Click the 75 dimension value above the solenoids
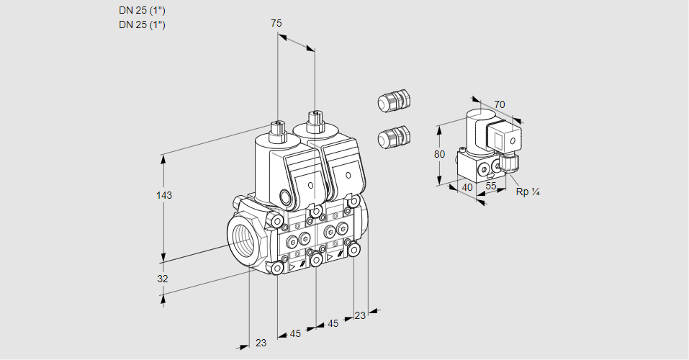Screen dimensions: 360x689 coord(276,24)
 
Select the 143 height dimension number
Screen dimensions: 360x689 coord(166,195)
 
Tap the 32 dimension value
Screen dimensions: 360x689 coord(163,279)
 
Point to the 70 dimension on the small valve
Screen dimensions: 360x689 coord(500,104)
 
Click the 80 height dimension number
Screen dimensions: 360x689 coord(440,153)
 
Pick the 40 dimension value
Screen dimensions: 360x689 coord(467,186)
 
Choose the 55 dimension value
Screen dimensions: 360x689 coord(492,186)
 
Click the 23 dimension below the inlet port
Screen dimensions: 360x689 coord(261,343)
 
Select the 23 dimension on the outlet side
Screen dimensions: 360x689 coord(360,315)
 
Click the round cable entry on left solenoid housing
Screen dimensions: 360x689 coord(286,197)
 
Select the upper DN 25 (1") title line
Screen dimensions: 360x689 coord(142,11)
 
